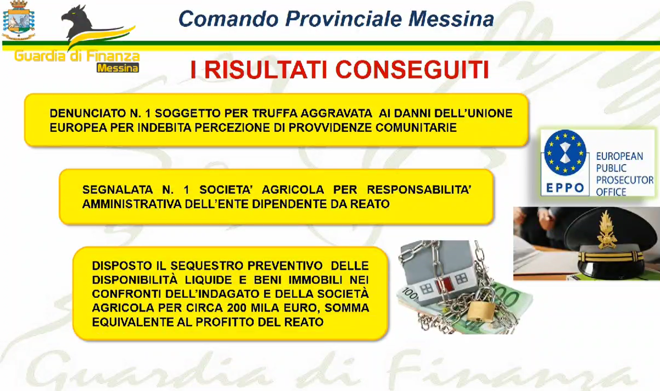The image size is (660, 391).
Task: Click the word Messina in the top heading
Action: (x=451, y=19)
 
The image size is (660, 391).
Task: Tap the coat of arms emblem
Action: (x=18, y=20)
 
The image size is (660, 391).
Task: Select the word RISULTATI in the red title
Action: (x=265, y=70)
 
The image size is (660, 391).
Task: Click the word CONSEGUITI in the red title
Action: (x=412, y=70)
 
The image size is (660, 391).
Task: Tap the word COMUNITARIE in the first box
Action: (x=416, y=128)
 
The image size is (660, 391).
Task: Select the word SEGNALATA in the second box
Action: (x=117, y=190)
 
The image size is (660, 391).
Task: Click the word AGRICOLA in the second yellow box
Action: (x=293, y=190)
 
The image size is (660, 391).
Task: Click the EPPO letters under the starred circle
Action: (x=565, y=188)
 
